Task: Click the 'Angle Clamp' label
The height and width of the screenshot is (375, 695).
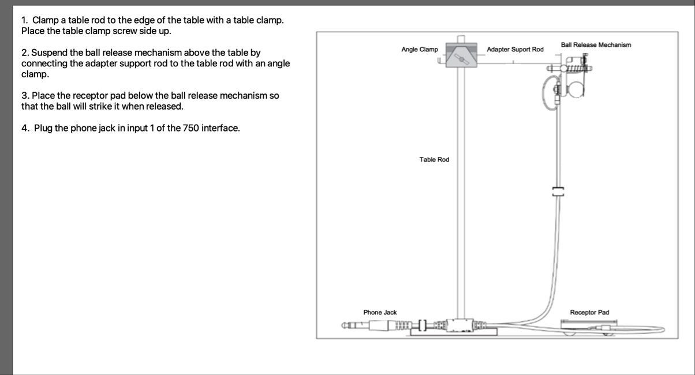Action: [x=420, y=50]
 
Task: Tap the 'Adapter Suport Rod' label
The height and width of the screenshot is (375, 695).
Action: [x=515, y=50]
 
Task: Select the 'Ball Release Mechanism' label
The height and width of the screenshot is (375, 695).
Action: [x=596, y=45]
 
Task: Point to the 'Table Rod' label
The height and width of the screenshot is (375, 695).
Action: [x=434, y=159]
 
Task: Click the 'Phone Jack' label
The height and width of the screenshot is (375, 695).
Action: [x=380, y=312]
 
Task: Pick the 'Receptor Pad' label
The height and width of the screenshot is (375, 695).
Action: [x=589, y=312]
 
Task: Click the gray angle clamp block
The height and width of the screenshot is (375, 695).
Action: [x=461, y=55]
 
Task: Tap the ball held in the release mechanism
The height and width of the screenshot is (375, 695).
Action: [x=576, y=89]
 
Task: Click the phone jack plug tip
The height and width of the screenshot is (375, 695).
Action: [x=343, y=326]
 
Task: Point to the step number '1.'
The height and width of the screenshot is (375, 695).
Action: [x=24, y=20]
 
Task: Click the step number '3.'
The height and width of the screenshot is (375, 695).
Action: [x=25, y=96]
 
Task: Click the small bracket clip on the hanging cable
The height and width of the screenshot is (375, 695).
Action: [x=558, y=192]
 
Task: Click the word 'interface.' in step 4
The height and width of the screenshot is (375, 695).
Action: [x=221, y=128]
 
